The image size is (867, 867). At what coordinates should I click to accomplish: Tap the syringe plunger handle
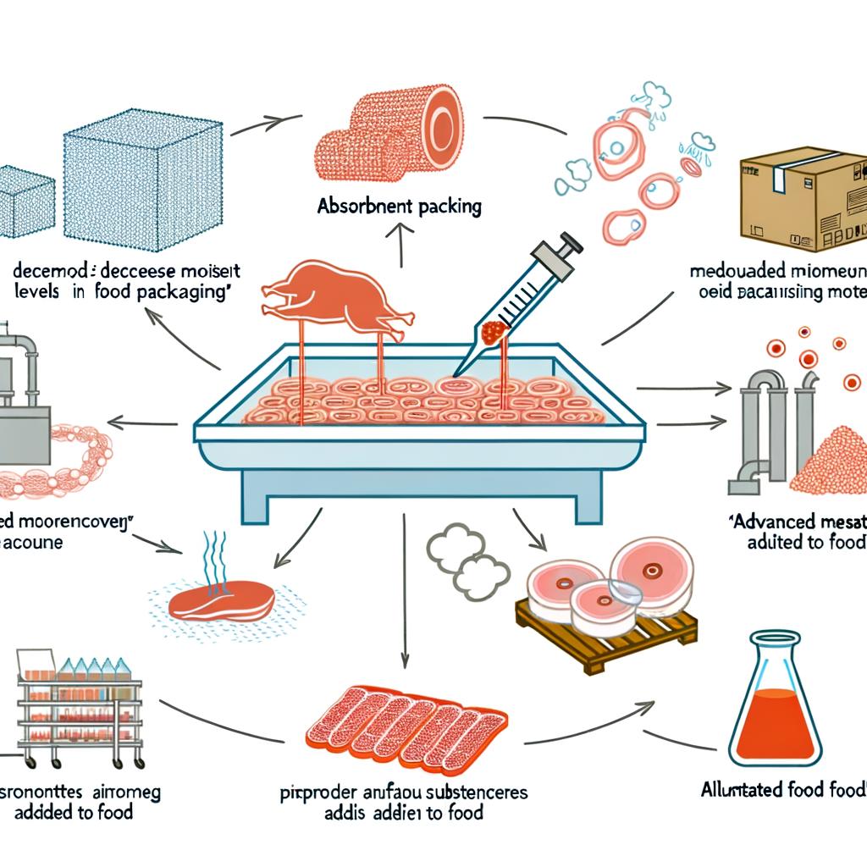568,243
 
